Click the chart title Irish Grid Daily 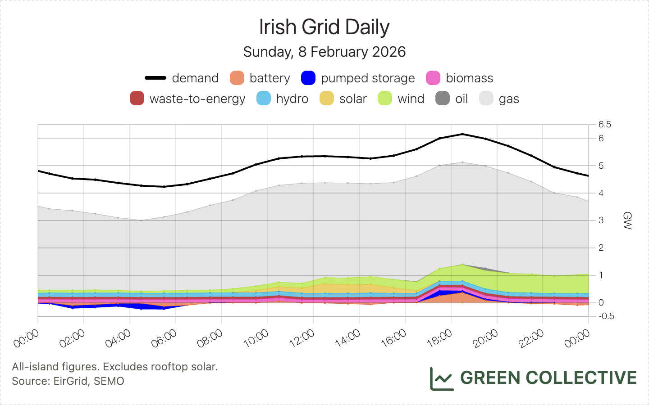[x=324, y=27]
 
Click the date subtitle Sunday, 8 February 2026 [x=324, y=52]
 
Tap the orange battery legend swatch [x=237, y=78]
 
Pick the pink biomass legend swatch [x=433, y=78]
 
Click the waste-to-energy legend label [x=197, y=99]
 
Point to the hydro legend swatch [x=264, y=99]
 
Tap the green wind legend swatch [x=385, y=99]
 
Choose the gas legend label [x=509, y=99]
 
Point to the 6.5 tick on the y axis [x=604, y=125]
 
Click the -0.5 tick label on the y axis [x=606, y=316]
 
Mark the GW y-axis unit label [x=627, y=220]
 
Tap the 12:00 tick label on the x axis [x=302, y=338]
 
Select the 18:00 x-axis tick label [x=440, y=338]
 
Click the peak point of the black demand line [x=462, y=134]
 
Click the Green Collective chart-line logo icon [x=441, y=378]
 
